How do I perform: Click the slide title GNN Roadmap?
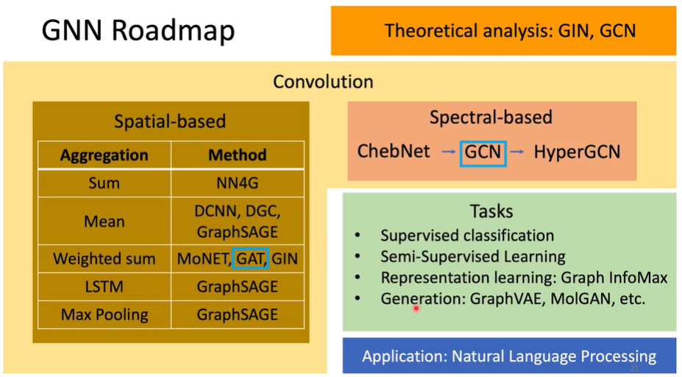tap(138, 31)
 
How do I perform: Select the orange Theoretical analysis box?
tap(503, 31)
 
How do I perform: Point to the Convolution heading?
tap(323, 81)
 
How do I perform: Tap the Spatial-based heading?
tap(170, 121)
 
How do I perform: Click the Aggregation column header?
tap(104, 155)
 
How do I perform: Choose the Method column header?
tap(237, 155)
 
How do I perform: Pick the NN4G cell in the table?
tap(237, 183)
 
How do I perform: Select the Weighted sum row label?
tap(104, 259)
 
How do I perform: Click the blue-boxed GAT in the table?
tap(250, 259)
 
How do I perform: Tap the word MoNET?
tap(202, 259)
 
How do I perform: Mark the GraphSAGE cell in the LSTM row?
tap(237, 286)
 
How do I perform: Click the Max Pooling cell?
tap(104, 314)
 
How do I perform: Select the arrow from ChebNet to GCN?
tap(448, 152)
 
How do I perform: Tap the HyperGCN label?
tap(577, 152)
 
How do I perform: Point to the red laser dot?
tap(416, 309)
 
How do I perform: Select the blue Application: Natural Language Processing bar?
tap(509, 356)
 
